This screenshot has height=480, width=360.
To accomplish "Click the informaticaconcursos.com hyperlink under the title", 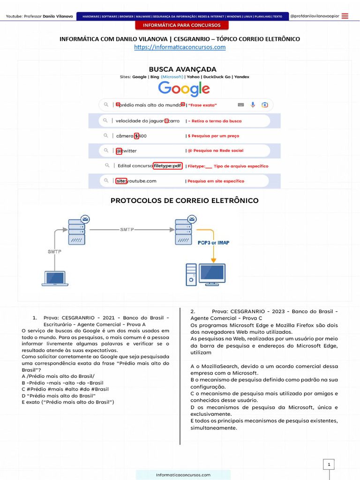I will point(180,47).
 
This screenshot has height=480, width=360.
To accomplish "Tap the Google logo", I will point(184,89).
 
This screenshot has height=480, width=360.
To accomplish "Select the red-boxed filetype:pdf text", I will point(167,166).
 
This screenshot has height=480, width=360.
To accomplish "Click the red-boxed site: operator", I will point(121,181).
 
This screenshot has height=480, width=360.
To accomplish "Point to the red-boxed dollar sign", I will point(136,136).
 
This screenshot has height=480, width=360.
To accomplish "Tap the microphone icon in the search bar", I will point(253,105).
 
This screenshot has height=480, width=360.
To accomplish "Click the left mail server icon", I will point(77,231).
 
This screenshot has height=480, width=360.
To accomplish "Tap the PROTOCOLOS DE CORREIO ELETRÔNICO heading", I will point(184,201).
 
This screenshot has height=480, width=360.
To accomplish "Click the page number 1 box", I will point(329,465).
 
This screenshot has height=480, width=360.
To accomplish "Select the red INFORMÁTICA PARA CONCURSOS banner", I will point(181,25).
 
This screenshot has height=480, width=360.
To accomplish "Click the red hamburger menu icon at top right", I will point(345,16).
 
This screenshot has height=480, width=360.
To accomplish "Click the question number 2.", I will point(193,311).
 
